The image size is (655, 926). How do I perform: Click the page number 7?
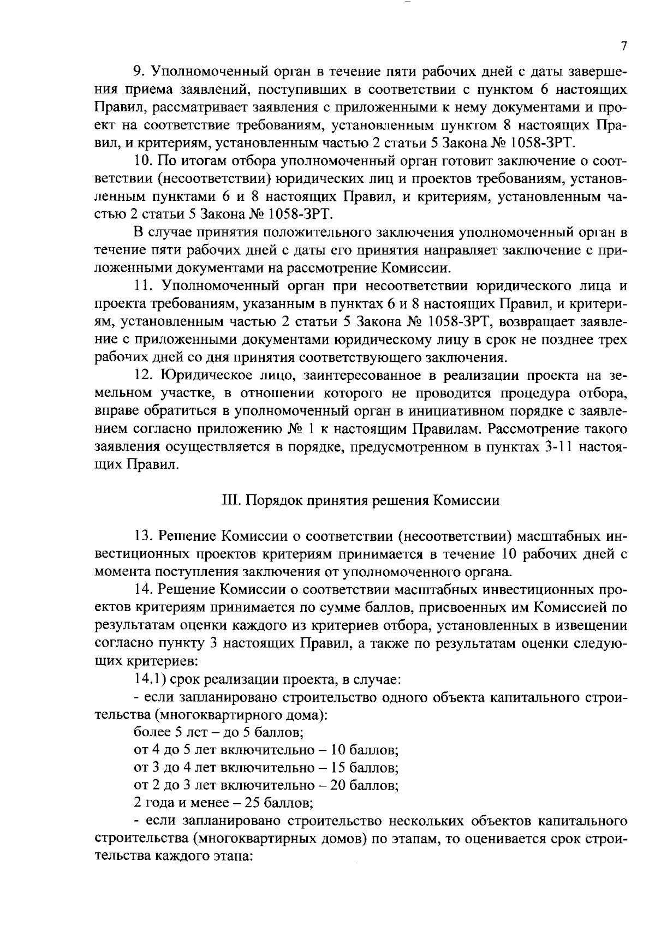tap(623, 46)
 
